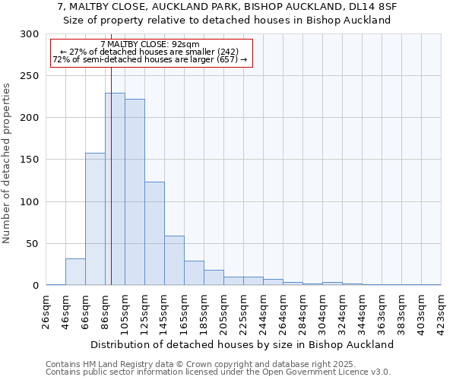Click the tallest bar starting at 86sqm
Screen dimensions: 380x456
click(115, 189)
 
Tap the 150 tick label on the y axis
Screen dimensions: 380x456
click(30, 160)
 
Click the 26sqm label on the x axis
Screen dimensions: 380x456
click(46, 311)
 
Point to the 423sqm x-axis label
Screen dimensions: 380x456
click(442, 311)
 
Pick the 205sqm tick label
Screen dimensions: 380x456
click(224, 311)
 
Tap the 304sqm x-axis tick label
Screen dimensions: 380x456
click(323, 311)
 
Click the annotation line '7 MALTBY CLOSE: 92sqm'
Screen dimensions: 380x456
click(149, 45)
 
